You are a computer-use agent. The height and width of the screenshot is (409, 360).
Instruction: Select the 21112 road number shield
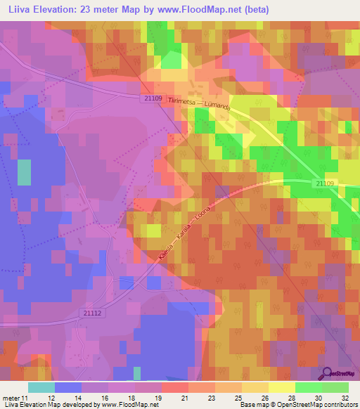click(94, 313)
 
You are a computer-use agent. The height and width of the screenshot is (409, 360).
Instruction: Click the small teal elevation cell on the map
click(25, 172)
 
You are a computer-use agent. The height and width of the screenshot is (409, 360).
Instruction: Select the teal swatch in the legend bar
click(41, 387)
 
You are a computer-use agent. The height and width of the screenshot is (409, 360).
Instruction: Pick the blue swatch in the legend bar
click(67, 387)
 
